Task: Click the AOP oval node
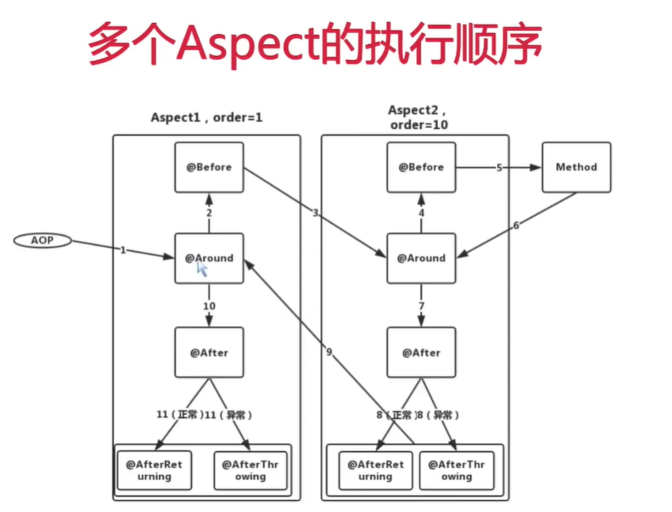pyautogui.click(x=42, y=240)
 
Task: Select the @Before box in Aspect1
pyautogui.click(x=209, y=167)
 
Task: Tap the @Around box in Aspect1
pyautogui.click(x=209, y=258)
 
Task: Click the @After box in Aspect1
pyautogui.click(x=209, y=352)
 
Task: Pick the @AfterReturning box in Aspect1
pyautogui.click(x=154, y=470)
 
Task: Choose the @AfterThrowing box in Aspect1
pyautogui.click(x=250, y=470)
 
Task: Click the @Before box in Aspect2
pyautogui.click(x=421, y=167)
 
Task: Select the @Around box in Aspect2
pyautogui.click(x=421, y=258)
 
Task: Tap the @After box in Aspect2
pyautogui.click(x=421, y=353)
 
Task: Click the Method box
pyautogui.click(x=576, y=167)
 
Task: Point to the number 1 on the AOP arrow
pyautogui.click(x=123, y=250)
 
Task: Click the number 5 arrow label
pyautogui.click(x=499, y=168)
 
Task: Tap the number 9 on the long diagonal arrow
pyautogui.click(x=329, y=352)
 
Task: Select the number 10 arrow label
pyautogui.click(x=209, y=306)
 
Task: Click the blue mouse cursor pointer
pyautogui.click(x=202, y=267)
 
